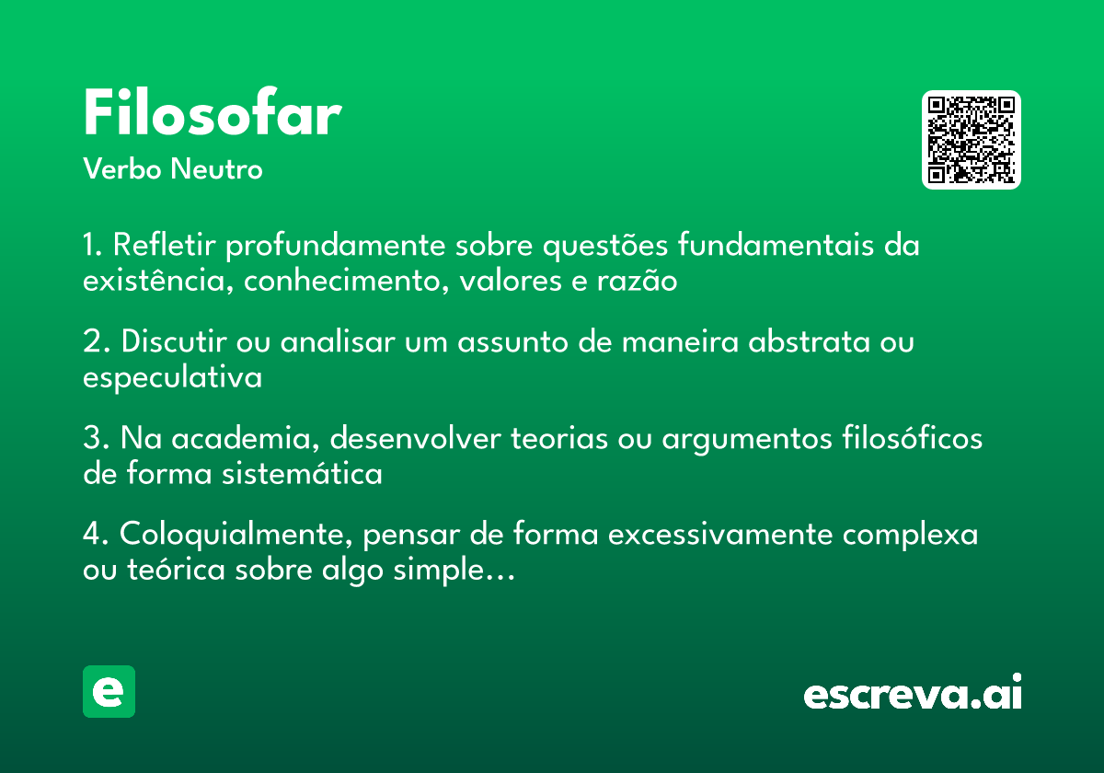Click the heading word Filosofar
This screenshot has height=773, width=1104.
pos(213,111)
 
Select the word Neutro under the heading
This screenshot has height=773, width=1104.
pos(216,168)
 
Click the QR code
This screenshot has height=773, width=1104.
pos(971,140)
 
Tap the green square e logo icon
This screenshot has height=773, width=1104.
pos(109,691)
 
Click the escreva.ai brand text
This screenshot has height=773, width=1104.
pos(913,692)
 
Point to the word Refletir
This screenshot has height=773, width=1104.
pos(164,244)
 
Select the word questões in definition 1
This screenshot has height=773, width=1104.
pos(605,246)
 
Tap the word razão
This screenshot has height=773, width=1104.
pos(637,280)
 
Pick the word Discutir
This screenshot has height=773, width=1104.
pos(174,340)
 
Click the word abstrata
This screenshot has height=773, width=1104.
pos(810,340)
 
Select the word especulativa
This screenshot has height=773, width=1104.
pos(173,378)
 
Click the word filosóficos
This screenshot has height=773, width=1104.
pos(913,437)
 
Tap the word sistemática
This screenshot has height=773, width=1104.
pos(302,473)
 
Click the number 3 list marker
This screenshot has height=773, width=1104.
pos(94,437)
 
